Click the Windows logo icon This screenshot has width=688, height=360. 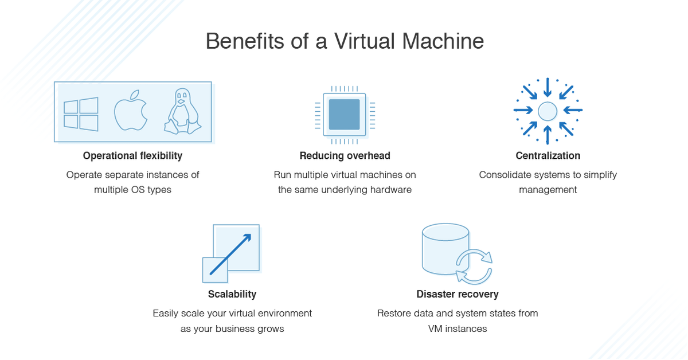pyautogui.click(x=81, y=114)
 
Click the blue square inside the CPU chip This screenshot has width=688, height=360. pyautogui.click(x=344, y=114)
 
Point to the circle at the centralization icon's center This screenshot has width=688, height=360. pyautogui.click(x=548, y=111)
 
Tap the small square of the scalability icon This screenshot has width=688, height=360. pyautogui.click(x=215, y=270)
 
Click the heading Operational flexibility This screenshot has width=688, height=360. pyautogui.click(x=132, y=155)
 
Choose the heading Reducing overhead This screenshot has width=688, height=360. pyautogui.click(x=345, y=155)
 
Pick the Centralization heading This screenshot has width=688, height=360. pyautogui.click(x=548, y=155)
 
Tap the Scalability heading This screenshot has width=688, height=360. pyautogui.click(x=232, y=294)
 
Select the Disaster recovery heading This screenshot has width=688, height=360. pyautogui.click(x=458, y=294)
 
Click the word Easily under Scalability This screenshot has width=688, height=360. pyautogui.click(x=166, y=314)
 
